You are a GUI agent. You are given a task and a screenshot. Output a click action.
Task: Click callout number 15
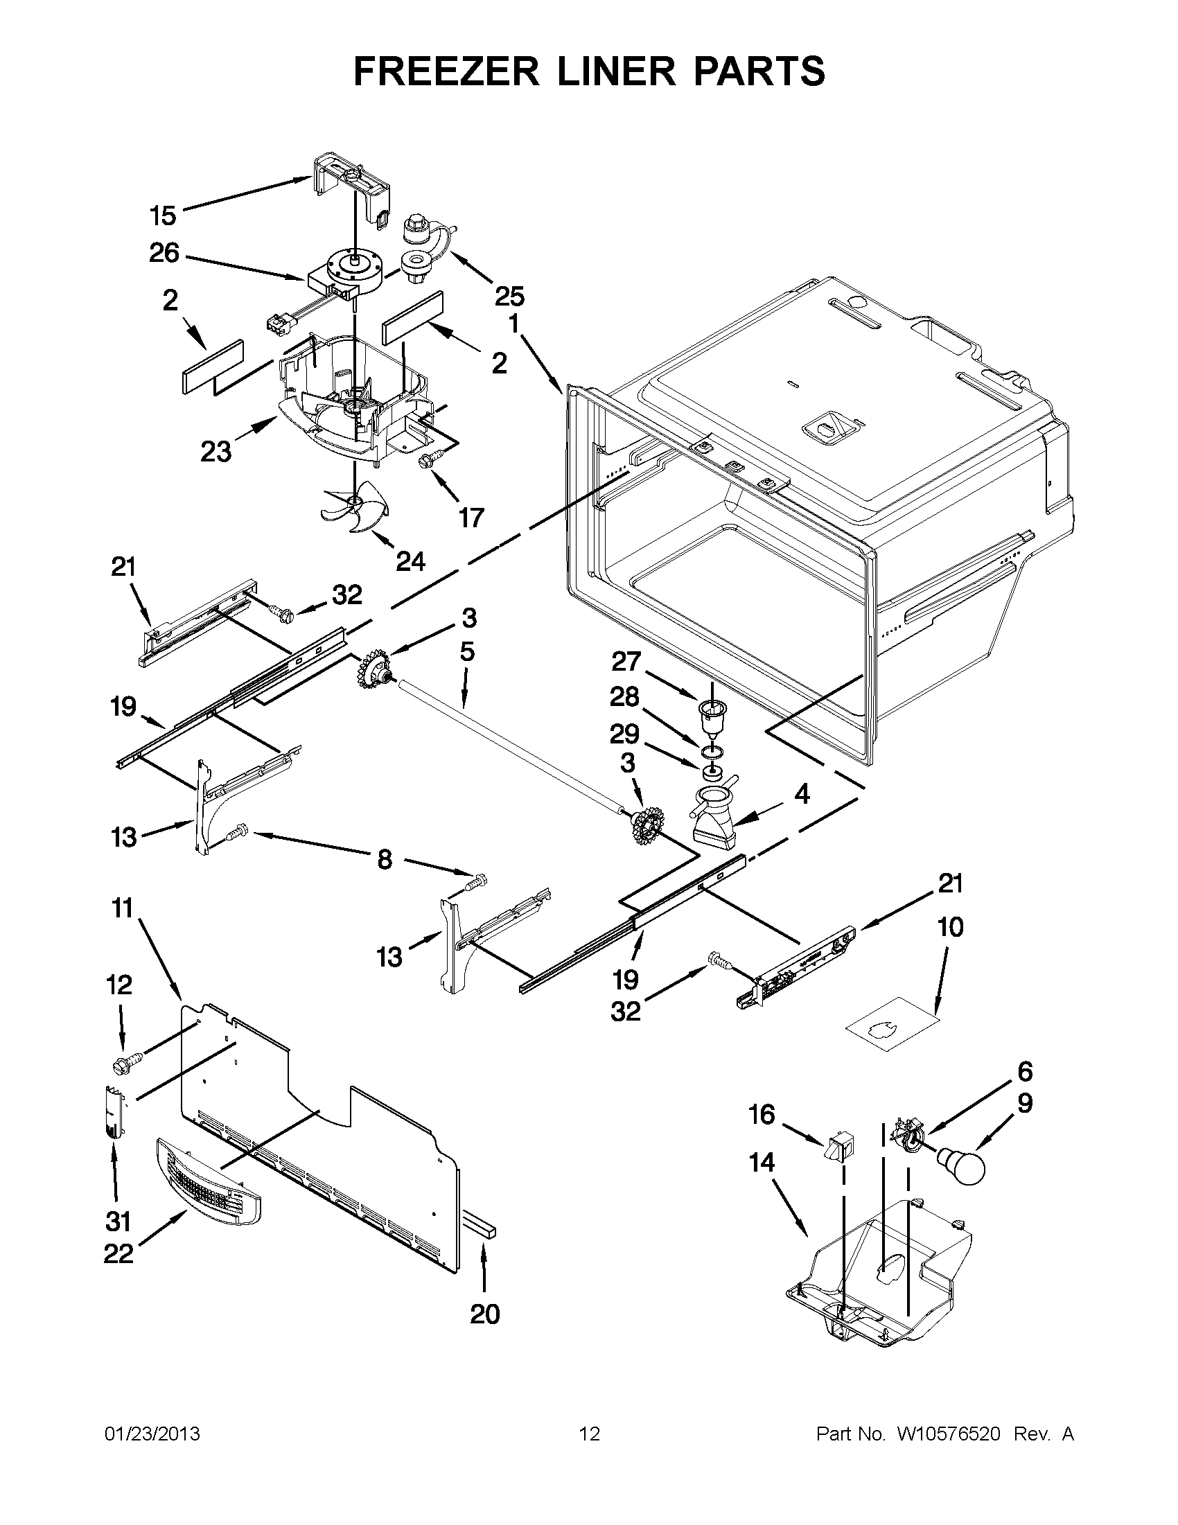(163, 215)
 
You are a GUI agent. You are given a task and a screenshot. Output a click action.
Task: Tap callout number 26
(164, 253)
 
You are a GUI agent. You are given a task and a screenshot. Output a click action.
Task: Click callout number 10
(950, 927)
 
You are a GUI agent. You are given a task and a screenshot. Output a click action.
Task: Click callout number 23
(216, 452)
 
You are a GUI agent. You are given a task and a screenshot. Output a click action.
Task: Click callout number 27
(626, 660)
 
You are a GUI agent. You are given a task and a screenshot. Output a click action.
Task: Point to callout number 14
(762, 1163)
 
